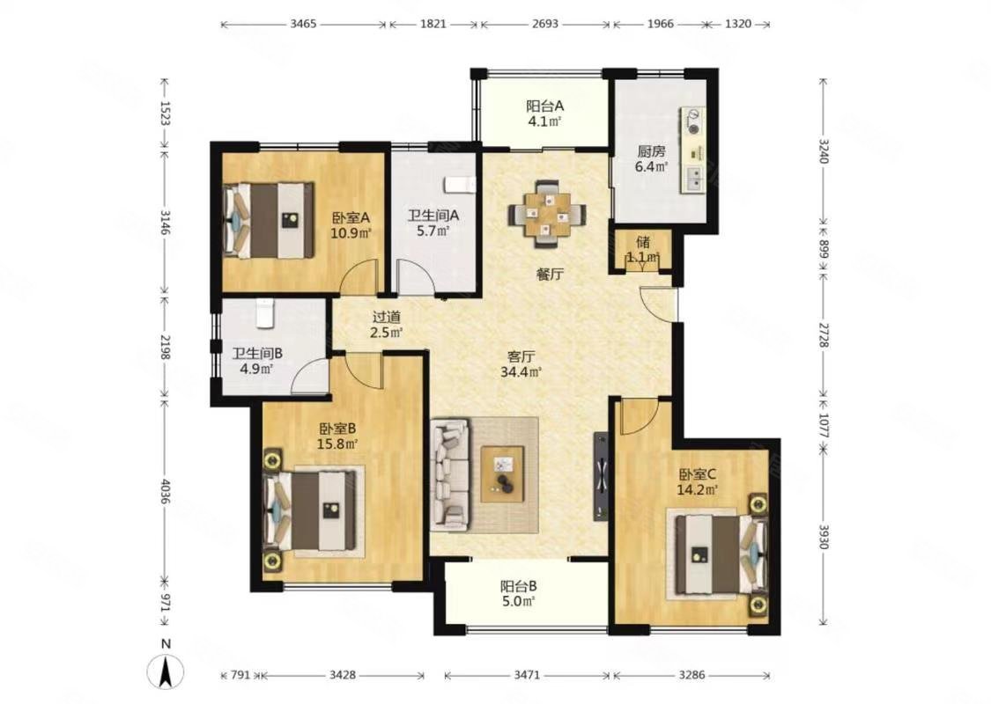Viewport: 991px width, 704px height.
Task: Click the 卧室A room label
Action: pyautogui.click(x=351, y=218)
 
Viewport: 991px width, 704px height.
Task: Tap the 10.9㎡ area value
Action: pyautogui.click(x=351, y=233)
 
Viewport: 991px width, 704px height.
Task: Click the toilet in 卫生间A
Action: pyautogui.click(x=460, y=183)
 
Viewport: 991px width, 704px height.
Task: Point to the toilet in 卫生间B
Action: pyautogui.click(x=265, y=312)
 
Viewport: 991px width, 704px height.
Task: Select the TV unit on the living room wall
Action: pyautogui.click(x=601, y=477)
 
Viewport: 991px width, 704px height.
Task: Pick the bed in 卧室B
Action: pyautogui.click(x=312, y=510)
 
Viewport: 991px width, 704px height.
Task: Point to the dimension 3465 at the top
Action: pyautogui.click(x=303, y=25)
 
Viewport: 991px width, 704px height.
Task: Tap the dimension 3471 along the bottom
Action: pyautogui.click(x=527, y=675)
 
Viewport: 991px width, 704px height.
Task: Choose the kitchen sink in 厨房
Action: pyautogui.click(x=693, y=179)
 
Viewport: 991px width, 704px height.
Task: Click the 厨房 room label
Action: pyautogui.click(x=652, y=151)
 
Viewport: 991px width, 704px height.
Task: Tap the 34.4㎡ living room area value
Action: pyautogui.click(x=521, y=372)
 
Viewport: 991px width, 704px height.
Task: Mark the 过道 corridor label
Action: pyautogui.click(x=386, y=318)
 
